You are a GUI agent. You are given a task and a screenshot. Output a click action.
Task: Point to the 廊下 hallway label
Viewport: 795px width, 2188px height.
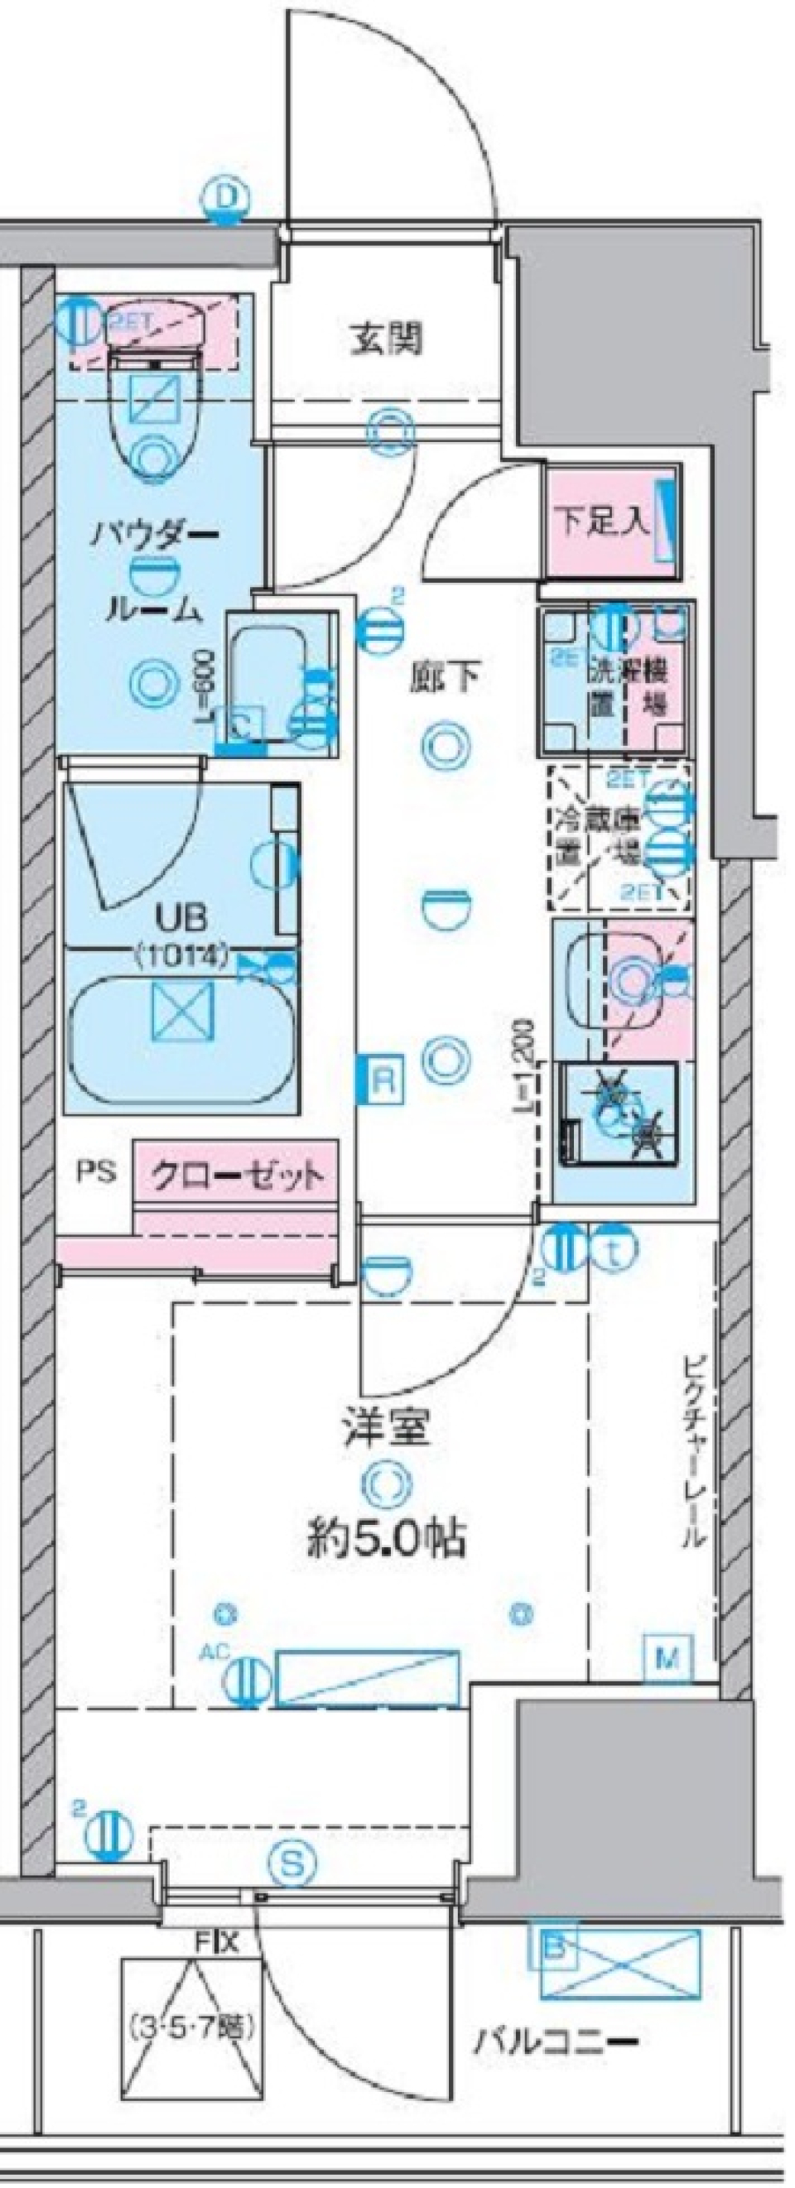point(443,677)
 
